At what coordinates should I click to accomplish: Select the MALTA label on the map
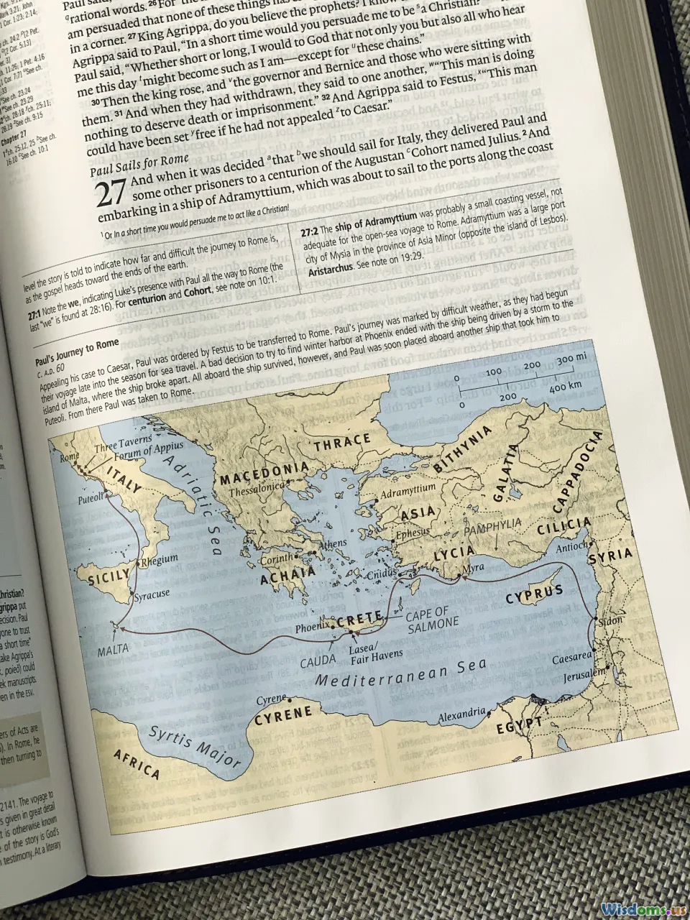(x=114, y=649)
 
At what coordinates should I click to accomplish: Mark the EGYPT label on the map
(x=518, y=726)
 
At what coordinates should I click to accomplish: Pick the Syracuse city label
(x=152, y=594)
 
